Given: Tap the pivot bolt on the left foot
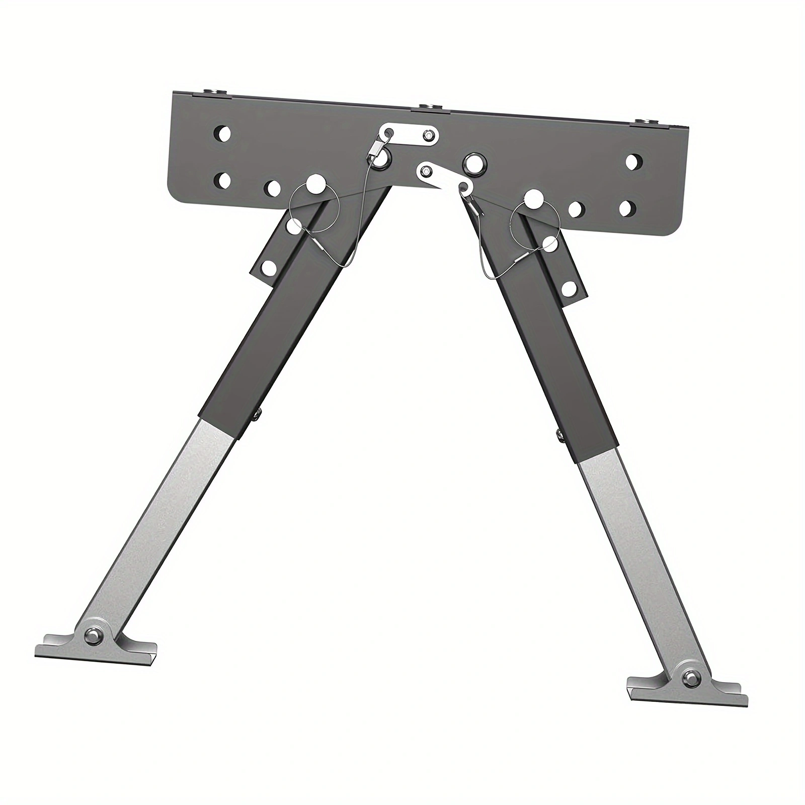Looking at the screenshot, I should pyautogui.click(x=94, y=635).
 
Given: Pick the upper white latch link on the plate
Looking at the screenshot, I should pyautogui.click(x=410, y=135).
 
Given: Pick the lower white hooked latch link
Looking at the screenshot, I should pyautogui.click(x=443, y=179).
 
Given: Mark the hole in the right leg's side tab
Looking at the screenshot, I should pyautogui.click(x=569, y=288).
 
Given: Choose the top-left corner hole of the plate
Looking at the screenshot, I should pyautogui.click(x=222, y=134).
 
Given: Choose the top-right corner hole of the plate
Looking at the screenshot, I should pyautogui.click(x=634, y=162).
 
